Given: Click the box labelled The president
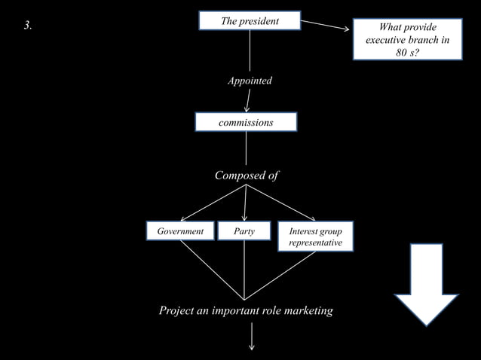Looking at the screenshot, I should pos(250,21).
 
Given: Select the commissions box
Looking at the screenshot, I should pos(246,121).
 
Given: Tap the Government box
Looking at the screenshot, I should pos(179,231).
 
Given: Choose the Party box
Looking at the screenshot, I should pos(244,231).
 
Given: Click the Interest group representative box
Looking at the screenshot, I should pos(315,237).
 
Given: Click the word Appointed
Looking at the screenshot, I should pos(250,81).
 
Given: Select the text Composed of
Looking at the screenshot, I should pos(247,175).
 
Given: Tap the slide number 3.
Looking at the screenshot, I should pos(27,26).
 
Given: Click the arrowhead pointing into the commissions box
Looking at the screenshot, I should pos(247,106).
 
